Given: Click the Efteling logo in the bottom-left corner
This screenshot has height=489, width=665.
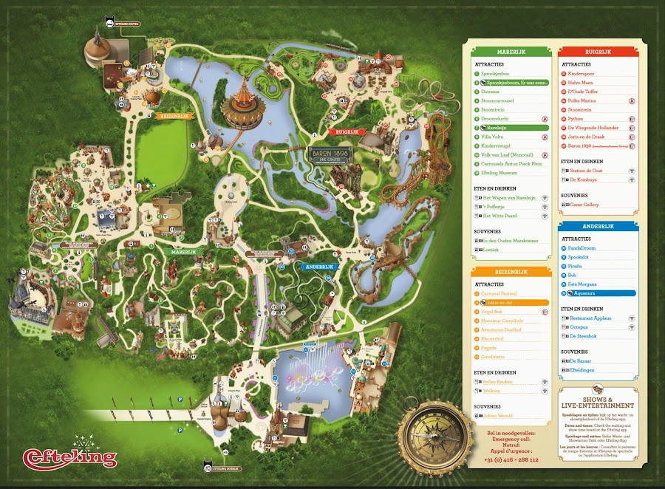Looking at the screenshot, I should (70, 456).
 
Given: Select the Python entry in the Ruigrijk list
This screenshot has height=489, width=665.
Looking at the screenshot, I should (576, 118).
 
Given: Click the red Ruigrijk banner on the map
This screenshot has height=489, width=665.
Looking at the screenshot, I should (327, 131).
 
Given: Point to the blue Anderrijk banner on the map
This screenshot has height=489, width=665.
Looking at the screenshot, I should (318, 267).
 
